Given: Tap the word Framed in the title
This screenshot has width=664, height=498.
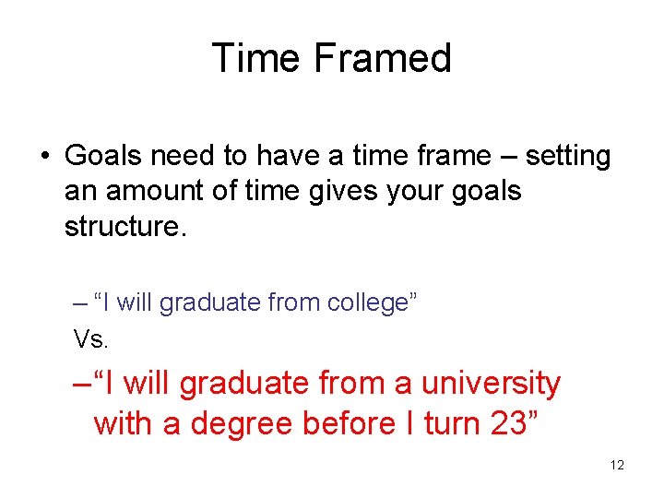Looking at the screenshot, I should (382, 58).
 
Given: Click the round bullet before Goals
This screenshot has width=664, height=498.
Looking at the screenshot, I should (44, 158).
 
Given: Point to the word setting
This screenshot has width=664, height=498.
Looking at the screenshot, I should (568, 157).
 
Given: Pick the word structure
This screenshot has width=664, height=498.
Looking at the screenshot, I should (125, 227).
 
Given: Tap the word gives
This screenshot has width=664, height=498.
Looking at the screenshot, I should (356, 192).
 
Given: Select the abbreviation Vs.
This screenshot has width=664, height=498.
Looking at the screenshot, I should (91, 339).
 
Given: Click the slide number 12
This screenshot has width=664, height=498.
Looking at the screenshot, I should (617, 465).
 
